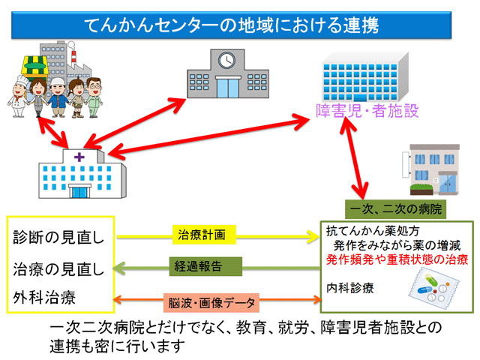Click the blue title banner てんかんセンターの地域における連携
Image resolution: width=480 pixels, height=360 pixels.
pos(232,25)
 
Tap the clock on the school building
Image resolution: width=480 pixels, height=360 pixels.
pos(226,60)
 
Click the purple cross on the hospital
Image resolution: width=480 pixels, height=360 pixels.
pos(79,157)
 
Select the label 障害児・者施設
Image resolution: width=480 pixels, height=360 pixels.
pos(367,111)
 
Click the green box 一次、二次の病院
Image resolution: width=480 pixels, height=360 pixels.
pos(395,209)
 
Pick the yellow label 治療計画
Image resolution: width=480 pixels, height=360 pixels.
pos(204,235)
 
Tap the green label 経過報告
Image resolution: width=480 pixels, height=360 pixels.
pos(205,266)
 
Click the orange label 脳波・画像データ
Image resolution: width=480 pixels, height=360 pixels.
pos(211,303)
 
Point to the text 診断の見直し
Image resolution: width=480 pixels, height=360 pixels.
pos(58,238)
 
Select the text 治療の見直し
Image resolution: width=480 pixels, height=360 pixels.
pos(58,269)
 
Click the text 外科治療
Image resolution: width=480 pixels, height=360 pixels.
pos(44,298)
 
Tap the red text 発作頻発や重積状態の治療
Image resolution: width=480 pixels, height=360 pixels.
pos(397,259)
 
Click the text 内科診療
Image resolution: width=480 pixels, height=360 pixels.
pos(350,288)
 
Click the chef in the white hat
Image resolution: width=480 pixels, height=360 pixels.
pos(18,97)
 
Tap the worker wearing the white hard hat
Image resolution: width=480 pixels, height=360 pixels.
pos(58,97)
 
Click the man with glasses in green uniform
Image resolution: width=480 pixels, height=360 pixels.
pos(94,97)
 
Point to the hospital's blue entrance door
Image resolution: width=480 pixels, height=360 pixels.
pos(79,192)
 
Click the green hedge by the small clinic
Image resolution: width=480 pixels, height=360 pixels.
pos(421,190)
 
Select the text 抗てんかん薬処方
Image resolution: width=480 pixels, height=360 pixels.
pos(373,231)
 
